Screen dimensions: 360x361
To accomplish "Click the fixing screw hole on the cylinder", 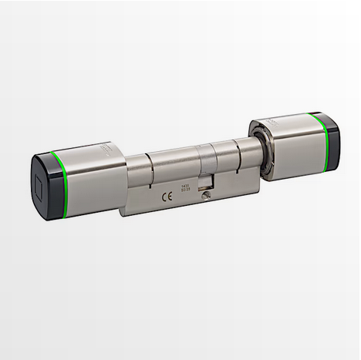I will pos(205,198).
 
